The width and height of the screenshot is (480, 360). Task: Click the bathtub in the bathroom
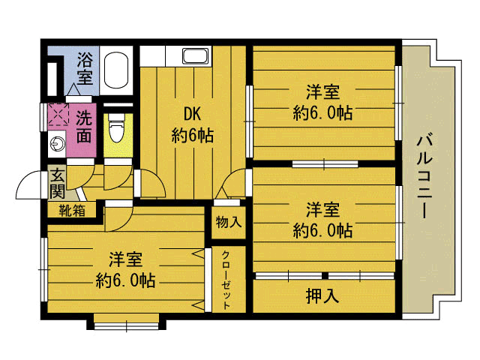pyautogui.click(x=115, y=70)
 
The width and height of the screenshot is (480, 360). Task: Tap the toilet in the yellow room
pyautogui.click(x=117, y=128)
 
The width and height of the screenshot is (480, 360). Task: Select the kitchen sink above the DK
pyautogui.click(x=195, y=55)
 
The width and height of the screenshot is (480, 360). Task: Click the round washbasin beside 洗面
pyautogui.click(x=58, y=143)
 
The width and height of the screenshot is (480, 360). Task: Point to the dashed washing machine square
pyautogui.click(x=58, y=114)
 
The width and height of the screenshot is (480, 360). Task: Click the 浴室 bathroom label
pyautogui.click(x=85, y=68)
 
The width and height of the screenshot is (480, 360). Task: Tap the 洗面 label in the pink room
pyautogui.click(x=84, y=127)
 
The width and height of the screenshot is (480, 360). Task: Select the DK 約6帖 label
pyautogui.click(x=192, y=125)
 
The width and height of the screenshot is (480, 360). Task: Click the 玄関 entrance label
pyautogui.click(x=58, y=183)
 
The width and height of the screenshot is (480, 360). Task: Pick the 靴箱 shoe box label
pyautogui.click(x=72, y=211)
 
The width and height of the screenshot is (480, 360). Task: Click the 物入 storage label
pyautogui.click(x=229, y=222)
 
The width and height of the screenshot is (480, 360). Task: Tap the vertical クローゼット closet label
pyautogui.click(x=226, y=280)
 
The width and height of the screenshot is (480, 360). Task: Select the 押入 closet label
pyautogui.click(x=322, y=295)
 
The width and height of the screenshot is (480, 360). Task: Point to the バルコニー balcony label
pyautogui.click(x=425, y=177)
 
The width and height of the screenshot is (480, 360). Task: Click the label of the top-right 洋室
pyautogui.click(x=322, y=103)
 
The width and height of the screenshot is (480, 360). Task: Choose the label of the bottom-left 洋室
pyautogui.click(x=125, y=269)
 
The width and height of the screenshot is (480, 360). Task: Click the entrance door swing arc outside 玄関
pyautogui.click(x=24, y=181)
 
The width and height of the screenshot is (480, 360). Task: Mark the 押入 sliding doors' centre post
pyautogui.click(x=325, y=276)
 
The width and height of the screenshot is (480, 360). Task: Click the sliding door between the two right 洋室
pyautogui.click(x=325, y=164)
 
